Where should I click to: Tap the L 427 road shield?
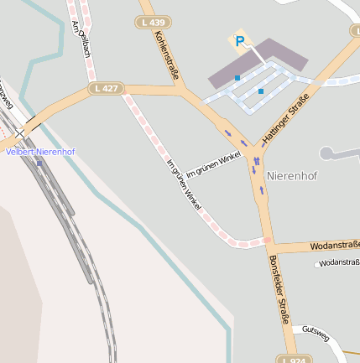point(107,87)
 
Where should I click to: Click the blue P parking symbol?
point(240,41)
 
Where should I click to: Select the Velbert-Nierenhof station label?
point(40,152)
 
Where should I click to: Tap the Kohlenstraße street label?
point(167,55)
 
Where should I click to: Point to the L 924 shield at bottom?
point(295,359)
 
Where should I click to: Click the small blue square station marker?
point(39,162)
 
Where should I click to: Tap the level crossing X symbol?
point(19,133)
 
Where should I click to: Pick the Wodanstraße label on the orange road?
point(334,246)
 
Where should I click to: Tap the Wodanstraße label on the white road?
point(338,263)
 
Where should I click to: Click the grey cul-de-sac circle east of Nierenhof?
point(326,153)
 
